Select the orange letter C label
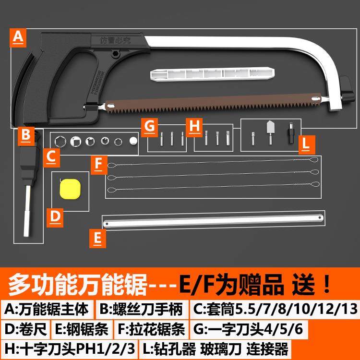(50, 157)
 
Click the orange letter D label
(56, 216)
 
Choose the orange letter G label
(150, 128)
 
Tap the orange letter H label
(194, 127)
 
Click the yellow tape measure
(69, 189)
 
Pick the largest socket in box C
(61, 142)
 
